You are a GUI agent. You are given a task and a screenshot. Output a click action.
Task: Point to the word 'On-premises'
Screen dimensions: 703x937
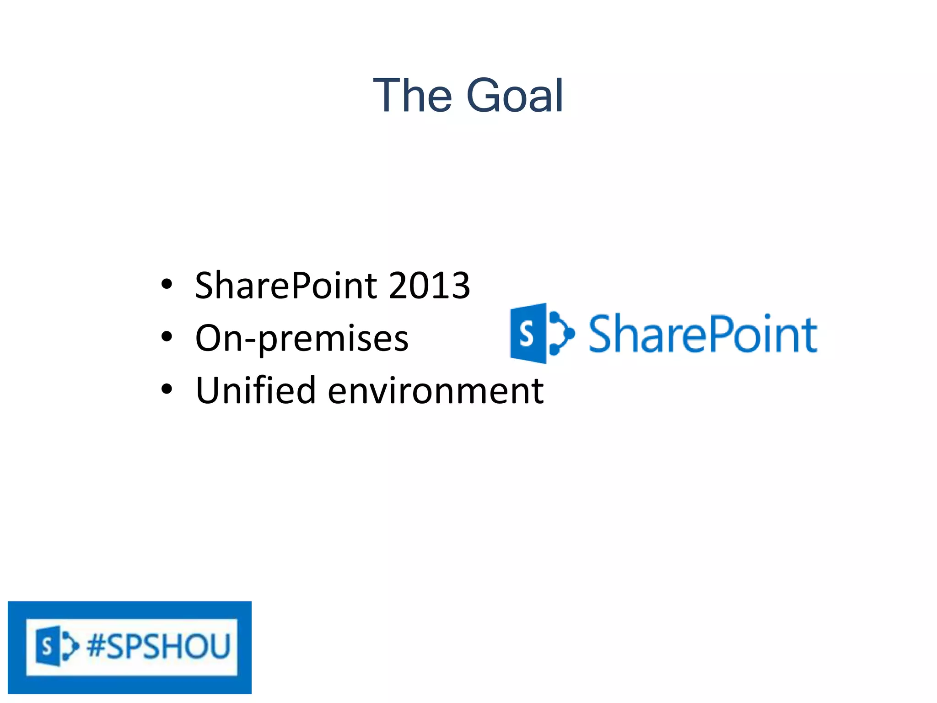[302, 339]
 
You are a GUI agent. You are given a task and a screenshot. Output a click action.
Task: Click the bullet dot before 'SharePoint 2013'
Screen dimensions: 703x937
[167, 284]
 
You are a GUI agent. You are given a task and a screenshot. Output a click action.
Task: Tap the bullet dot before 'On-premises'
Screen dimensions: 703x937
[167, 337]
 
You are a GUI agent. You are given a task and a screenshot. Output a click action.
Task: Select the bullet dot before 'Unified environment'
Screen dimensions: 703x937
[167, 389]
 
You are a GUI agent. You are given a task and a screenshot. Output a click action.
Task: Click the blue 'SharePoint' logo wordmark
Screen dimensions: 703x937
[702, 334]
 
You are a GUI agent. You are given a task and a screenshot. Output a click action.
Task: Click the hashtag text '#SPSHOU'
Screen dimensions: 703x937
[158, 646]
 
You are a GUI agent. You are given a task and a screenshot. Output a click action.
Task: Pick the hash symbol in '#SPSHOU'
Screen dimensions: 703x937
[97, 646]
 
